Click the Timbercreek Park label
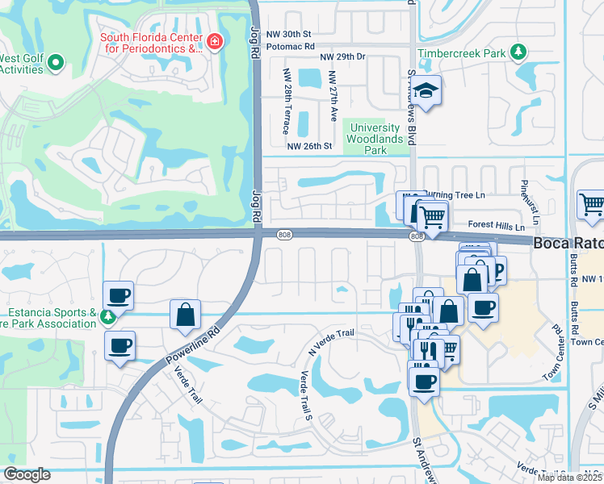pyautogui.click(x=460, y=53)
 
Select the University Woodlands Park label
pyautogui.click(x=372, y=139)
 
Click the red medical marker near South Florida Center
pyautogui.click(x=214, y=41)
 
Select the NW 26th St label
pyautogui.click(x=309, y=146)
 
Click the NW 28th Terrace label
pyautogui.click(x=286, y=102)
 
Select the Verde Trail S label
pyautogui.click(x=305, y=394)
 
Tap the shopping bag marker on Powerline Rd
pyautogui.click(x=185, y=312)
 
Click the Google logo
pyautogui.click(x=27, y=474)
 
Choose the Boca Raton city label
pyautogui.click(x=568, y=242)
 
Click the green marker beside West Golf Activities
pyautogui.click(x=56, y=61)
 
